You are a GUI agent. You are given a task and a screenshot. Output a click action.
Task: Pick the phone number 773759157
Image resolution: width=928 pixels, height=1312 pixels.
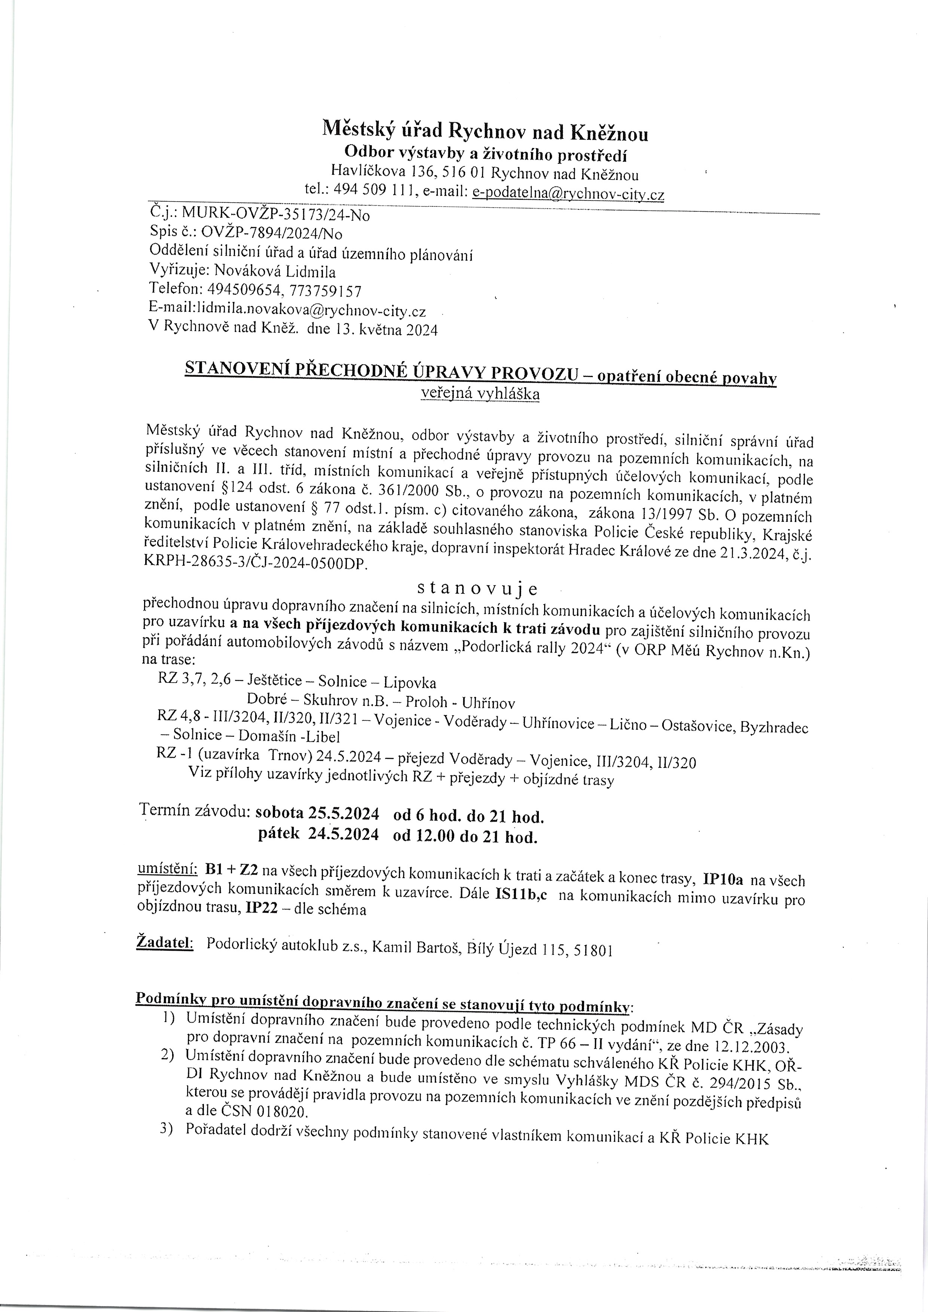pos(326,291)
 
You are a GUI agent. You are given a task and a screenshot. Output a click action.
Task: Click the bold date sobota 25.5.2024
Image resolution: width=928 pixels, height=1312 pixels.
pos(317,813)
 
